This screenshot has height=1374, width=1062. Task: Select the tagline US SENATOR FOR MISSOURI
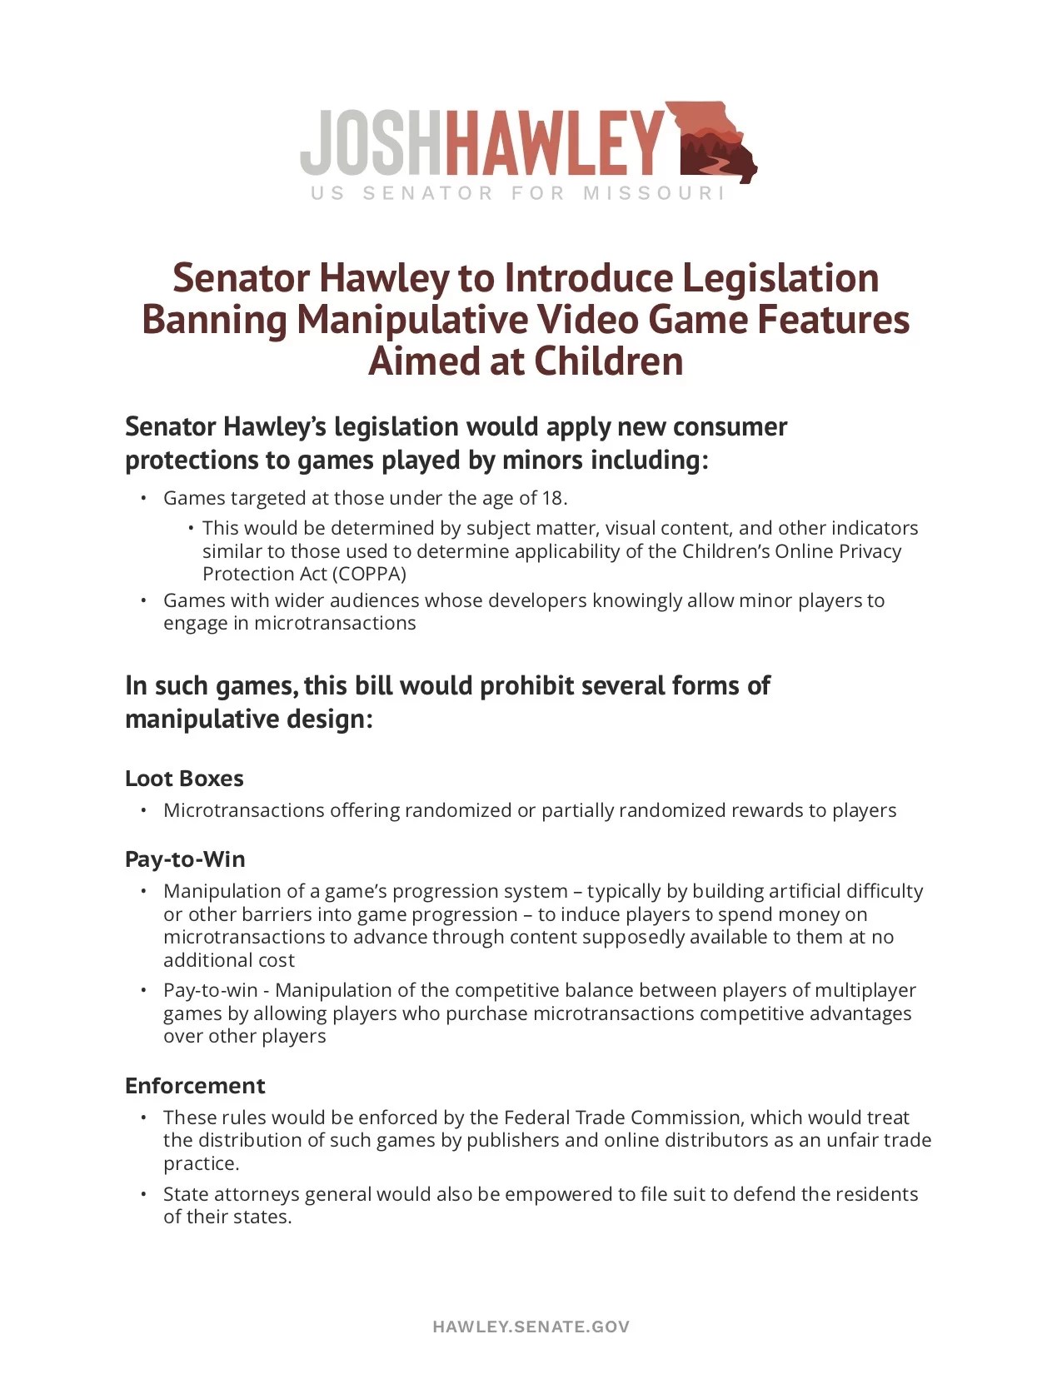517,193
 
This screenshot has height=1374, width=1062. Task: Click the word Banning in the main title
214,320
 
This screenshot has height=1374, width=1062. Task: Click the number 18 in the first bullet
553,498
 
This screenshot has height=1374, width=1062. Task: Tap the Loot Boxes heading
184,779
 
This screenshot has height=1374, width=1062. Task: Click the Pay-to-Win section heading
185,859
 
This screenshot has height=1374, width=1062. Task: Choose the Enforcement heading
195,1086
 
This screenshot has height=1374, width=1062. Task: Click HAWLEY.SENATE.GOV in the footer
531,1327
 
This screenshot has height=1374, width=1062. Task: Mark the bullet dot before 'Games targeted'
143,498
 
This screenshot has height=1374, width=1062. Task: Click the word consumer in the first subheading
730,426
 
